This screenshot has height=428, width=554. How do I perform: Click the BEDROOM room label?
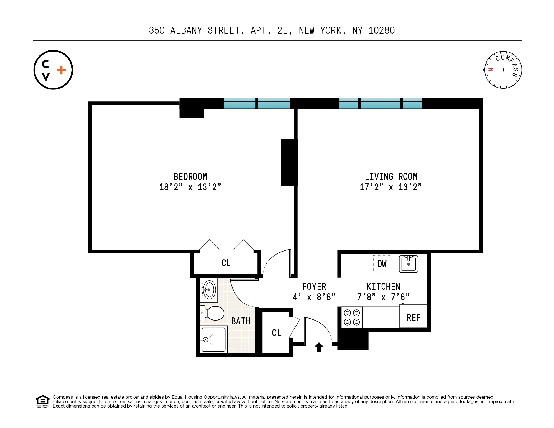point(190,176)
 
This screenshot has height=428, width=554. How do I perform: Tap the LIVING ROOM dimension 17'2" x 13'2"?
point(390,187)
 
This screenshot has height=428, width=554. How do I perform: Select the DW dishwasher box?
point(382,264)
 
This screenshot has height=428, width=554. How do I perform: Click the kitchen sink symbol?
point(409,264)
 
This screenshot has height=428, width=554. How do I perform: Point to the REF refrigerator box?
point(413,317)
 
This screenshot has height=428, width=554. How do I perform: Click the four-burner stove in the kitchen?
point(352,317)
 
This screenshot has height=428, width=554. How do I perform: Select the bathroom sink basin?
point(209,290)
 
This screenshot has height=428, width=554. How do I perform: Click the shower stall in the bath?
point(214,340)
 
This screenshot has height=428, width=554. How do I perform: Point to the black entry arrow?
point(319,347)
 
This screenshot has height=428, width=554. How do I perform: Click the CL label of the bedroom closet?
point(226,263)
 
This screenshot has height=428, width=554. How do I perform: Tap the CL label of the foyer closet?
point(276,333)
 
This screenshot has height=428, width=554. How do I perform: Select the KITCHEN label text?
point(383,286)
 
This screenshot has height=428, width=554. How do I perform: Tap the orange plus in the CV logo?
point(61,70)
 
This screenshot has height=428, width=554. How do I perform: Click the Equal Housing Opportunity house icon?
point(43,401)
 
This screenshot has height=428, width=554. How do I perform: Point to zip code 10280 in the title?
point(381,30)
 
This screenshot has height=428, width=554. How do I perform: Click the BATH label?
point(241,321)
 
